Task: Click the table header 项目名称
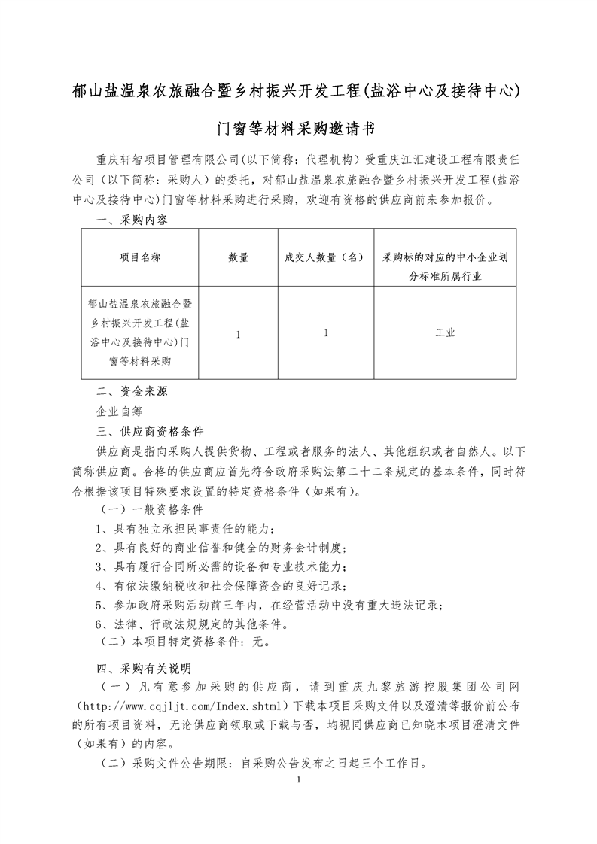coord(139,257)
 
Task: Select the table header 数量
coord(238,257)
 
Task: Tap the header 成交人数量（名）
coord(324,257)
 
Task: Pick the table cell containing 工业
coord(445,332)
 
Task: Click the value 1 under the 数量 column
coord(238,332)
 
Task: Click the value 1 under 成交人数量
coord(324,332)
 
